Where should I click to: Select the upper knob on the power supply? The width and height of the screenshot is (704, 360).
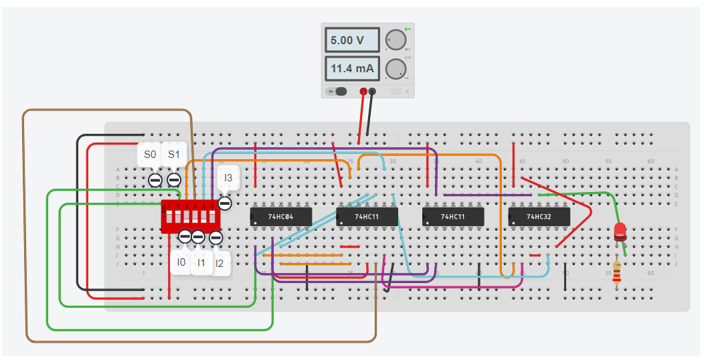point(396,40)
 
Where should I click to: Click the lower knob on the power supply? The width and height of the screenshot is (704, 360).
point(396,68)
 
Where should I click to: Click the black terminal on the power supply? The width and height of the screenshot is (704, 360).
point(373,92)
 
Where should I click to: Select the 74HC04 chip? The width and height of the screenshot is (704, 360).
point(280,216)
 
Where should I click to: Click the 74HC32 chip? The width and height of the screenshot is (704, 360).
point(539,216)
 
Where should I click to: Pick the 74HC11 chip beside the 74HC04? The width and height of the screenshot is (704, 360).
point(367,216)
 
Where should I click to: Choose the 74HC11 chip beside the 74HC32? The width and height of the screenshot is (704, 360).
point(453,216)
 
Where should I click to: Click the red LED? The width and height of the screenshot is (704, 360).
point(620,232)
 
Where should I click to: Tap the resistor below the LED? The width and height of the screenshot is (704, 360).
point(616,272)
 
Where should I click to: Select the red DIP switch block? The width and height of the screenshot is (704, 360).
point(190,217)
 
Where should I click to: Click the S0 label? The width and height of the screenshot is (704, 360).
point(150,155)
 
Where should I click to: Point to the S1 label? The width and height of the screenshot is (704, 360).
point(174,155)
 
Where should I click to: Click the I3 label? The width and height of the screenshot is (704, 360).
point(228,178)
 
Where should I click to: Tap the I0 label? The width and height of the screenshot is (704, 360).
point(181,262)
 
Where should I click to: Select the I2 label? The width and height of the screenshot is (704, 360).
point(219,264)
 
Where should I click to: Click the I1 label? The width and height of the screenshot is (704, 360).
point(200,263)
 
